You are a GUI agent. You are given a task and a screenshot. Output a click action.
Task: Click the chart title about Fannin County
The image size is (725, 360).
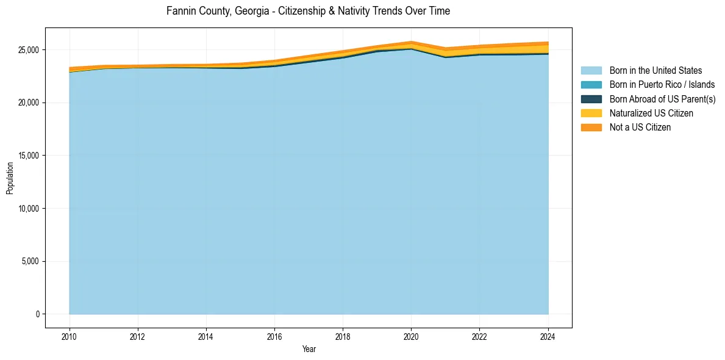click(308, 11)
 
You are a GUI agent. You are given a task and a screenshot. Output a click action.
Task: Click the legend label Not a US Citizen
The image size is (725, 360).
click(640, 128)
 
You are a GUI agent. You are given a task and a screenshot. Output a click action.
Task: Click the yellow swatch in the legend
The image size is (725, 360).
click(591, 113)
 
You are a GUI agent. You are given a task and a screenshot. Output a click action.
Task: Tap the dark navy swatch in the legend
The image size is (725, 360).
click(591, 99)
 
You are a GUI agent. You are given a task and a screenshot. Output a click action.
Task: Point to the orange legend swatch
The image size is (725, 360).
click(591, 128)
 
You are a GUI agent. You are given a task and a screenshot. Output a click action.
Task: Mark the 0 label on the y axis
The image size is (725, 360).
click(38, 314)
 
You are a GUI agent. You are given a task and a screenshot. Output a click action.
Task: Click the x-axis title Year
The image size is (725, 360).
click(309, 349)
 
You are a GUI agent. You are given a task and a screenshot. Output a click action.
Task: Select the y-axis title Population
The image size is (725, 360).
click(10, 178)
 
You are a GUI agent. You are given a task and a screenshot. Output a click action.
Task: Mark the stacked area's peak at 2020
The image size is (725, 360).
click(411, 41)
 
